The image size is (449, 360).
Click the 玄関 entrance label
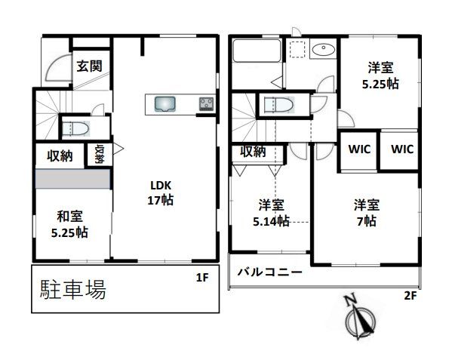click(x=89, y=66)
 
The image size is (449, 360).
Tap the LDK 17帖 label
click(x=161, y=192)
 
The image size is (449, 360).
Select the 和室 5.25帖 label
click(x=69, y=224)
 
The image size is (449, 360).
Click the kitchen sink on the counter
click(x=165, y=104)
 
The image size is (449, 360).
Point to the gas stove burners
click(x=207, y=104)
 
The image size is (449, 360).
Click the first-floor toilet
click(x=76, y=128)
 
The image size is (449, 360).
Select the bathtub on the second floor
click(x=257, y=51)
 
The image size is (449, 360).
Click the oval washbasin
click(x=324, y=51)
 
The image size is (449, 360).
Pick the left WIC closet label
click(x=359, y=149)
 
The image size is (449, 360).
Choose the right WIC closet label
click(x=402, y=149)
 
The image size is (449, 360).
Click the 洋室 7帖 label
click(x=367, y=213)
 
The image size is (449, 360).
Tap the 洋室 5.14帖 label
click(x=271, y=213)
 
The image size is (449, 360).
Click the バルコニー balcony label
click(x=269, y=272)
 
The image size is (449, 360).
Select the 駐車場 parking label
click(x=73, y=289)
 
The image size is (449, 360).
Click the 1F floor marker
click(x=202, y=277)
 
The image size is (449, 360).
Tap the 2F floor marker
click(x=410, y=295)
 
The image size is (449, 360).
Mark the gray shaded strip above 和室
click(x=72, y=179)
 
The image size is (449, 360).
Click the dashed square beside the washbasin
click(x=297, y=49)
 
